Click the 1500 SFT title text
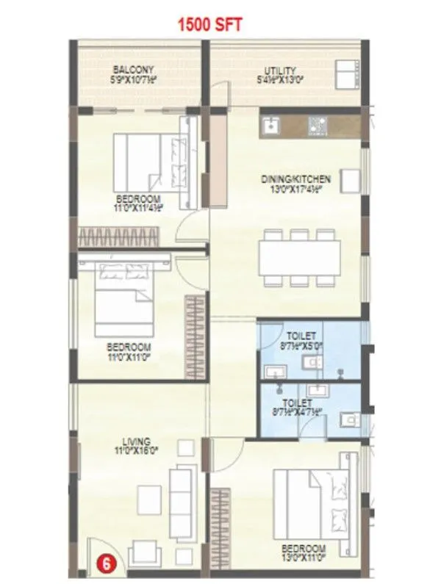209,24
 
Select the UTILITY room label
281,71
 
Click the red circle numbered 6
107,565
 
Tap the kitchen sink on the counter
270,126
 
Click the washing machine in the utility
345,73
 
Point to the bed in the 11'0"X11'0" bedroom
124,300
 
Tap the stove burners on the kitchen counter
317,126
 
